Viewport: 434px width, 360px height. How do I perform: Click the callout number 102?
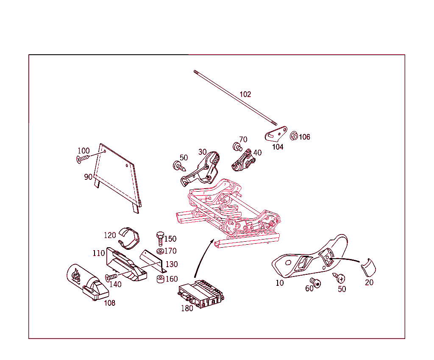pos(245,95)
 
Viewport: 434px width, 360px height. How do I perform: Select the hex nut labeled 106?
pos(294,136)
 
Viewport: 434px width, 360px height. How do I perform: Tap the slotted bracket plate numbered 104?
pos(276,134)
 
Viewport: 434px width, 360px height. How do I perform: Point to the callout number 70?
pos(243,139)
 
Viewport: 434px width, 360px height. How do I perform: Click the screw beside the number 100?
pos(83,159)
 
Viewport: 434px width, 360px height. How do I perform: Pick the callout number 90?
pos(88,177)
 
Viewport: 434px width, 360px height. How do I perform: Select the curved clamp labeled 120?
pos(129,238)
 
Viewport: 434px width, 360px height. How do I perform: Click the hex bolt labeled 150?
pos(160,239)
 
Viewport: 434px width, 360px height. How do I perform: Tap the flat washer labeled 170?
pos(160,251)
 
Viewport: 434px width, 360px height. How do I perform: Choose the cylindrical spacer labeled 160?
pos(161,279)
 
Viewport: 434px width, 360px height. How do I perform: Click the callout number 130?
pos(172,264)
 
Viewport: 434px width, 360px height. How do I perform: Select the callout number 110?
pos(98,253)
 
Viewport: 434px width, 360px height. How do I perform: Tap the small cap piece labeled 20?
pos(368,268)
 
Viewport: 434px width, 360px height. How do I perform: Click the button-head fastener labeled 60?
pos(315,283)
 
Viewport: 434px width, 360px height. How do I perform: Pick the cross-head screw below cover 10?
pos(339,278)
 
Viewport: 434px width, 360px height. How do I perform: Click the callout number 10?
pos(280,283)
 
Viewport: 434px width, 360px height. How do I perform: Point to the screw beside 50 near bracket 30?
pos(179,166)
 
